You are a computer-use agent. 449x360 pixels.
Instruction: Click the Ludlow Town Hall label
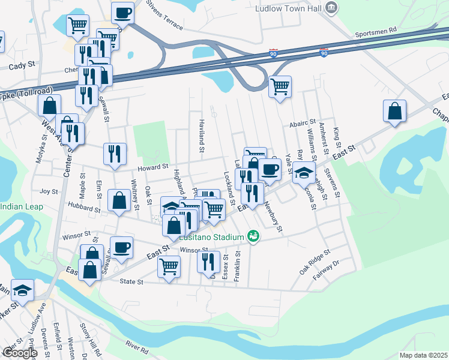tap(288, 9)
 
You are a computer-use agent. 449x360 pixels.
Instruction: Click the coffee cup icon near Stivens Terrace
tap(122, 12)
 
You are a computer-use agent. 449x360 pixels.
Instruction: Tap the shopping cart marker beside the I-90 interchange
tap(280, 87)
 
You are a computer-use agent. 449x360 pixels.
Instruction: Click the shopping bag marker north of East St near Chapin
tap(395, 111)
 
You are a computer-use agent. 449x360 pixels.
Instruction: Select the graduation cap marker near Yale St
tap(304, 172)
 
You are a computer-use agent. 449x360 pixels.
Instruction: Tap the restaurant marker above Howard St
tap(115, 154)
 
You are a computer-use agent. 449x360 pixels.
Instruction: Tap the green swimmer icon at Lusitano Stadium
tap(255, 237)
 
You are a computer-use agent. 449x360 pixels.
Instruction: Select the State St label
tap(132, 281)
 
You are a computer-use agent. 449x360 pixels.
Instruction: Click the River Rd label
tap(137, 346)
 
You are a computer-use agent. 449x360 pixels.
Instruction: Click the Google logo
tap(19, 353)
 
